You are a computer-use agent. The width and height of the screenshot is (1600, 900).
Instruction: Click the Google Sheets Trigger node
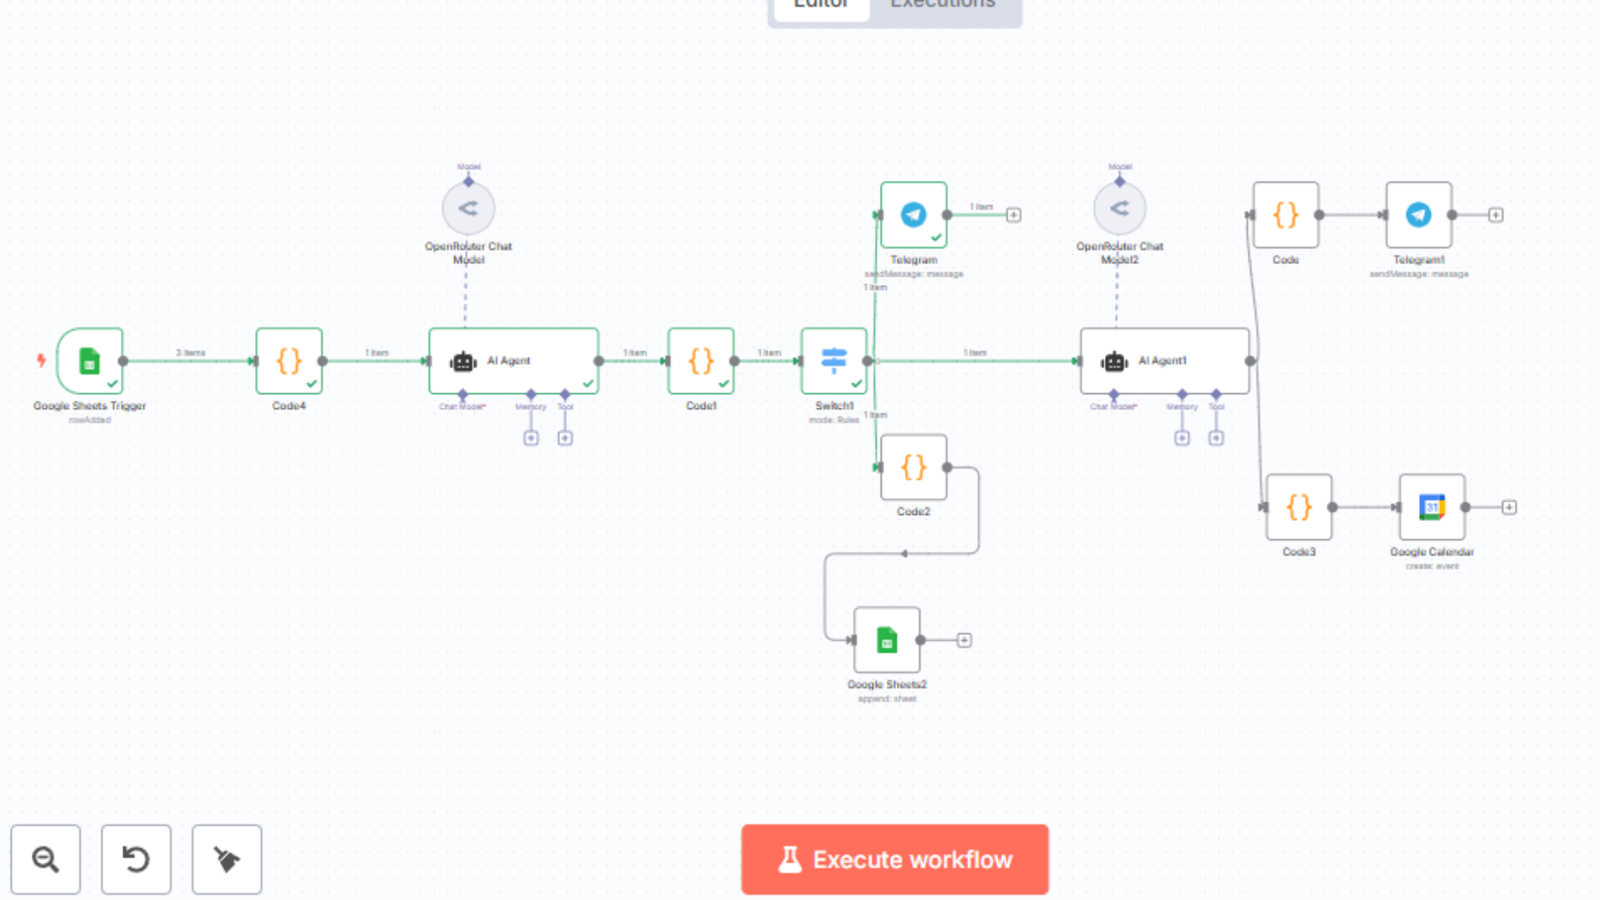click(x=90, y=361)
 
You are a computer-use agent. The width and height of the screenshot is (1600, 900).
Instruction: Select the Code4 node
click(x=288, y=361)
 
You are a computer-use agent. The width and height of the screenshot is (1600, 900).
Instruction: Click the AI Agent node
click(x=513, y=361)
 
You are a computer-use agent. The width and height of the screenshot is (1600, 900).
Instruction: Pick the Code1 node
click(x=701, y=361)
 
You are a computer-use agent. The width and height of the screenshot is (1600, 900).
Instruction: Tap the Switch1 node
click(x=833, y=361)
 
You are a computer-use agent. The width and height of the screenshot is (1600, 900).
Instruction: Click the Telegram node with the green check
click(x=913, y=215)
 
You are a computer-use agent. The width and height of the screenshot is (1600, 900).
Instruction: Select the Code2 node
click(x=913, y=467)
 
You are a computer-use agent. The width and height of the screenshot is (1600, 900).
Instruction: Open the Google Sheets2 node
click(x=887, y=640)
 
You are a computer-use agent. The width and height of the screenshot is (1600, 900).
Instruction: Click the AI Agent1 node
click(x=1164, y=361)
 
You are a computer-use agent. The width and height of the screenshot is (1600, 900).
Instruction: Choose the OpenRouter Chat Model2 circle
click(x=1119, y=208)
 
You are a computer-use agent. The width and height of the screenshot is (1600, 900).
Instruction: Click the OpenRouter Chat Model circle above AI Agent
click(x=468, y=208)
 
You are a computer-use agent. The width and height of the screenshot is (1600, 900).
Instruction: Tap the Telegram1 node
click(x=1418, y=215)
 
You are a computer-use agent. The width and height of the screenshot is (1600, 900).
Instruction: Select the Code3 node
click(x=1298, y=507)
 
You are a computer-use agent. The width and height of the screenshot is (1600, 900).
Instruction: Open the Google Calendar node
click(x=1432, y=507)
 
